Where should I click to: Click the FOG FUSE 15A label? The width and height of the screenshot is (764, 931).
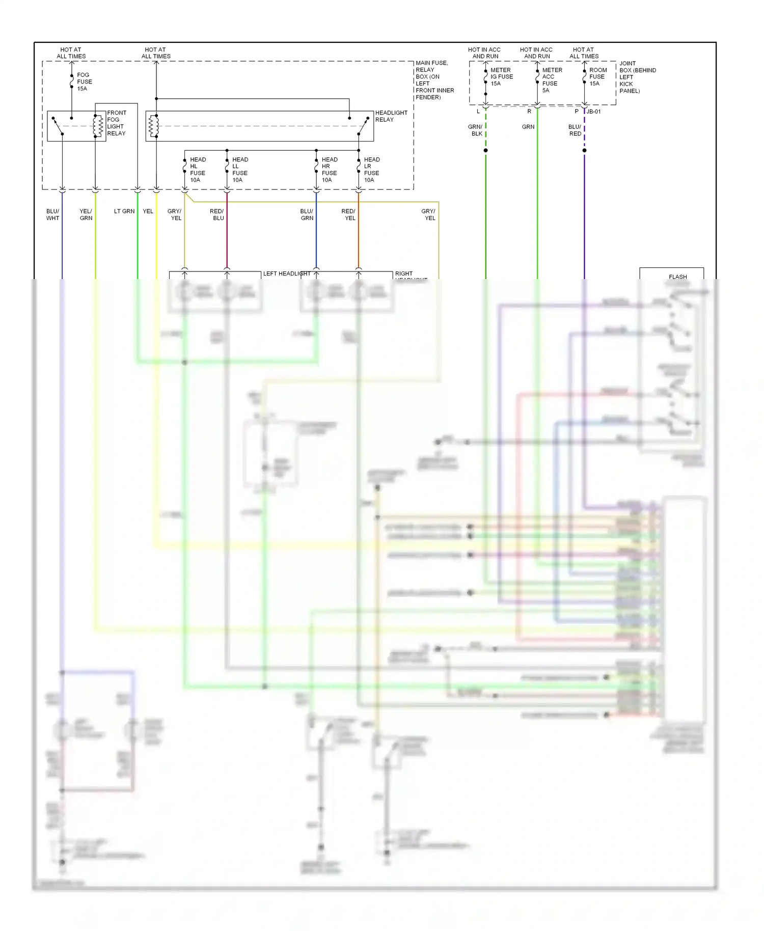click(x=84, y=81)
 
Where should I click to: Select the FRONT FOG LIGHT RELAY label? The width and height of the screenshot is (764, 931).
click(x=116, y=123)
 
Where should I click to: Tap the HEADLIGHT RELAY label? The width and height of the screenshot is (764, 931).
click(x=391, y=116)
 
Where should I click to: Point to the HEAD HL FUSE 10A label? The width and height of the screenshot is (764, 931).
click(x=198, y=170)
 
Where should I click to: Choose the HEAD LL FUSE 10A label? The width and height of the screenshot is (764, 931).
click(x=240, y=170)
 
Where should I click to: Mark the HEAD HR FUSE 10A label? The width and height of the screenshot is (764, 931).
click(x=329, y=170)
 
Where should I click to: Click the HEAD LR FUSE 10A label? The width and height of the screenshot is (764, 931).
click(x=371, y=170)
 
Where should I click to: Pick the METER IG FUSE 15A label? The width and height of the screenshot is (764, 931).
click(x=501, y=77)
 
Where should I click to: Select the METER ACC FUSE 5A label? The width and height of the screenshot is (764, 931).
click(x=552, y=80)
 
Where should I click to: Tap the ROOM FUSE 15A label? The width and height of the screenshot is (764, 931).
click(x=597, y=77)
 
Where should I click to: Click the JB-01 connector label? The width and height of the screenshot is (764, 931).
click(x=593, y=112)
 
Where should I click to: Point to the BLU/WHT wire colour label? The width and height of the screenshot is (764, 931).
click(x=52, y=214)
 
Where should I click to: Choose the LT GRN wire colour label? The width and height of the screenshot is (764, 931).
click(x=124, y=211)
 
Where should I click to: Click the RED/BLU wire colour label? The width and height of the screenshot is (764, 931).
click(x=217, y=214)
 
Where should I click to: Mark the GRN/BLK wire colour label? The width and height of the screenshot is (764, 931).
click(x=475, y=130)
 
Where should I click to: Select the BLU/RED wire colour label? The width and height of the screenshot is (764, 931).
click(x=575, y=130)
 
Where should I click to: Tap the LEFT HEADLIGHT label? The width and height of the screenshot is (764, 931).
click(x=286, y=273)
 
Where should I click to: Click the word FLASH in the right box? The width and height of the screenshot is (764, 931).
click(x=677, y=277)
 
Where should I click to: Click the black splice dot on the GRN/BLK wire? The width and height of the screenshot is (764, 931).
click(x=485, y=150)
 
